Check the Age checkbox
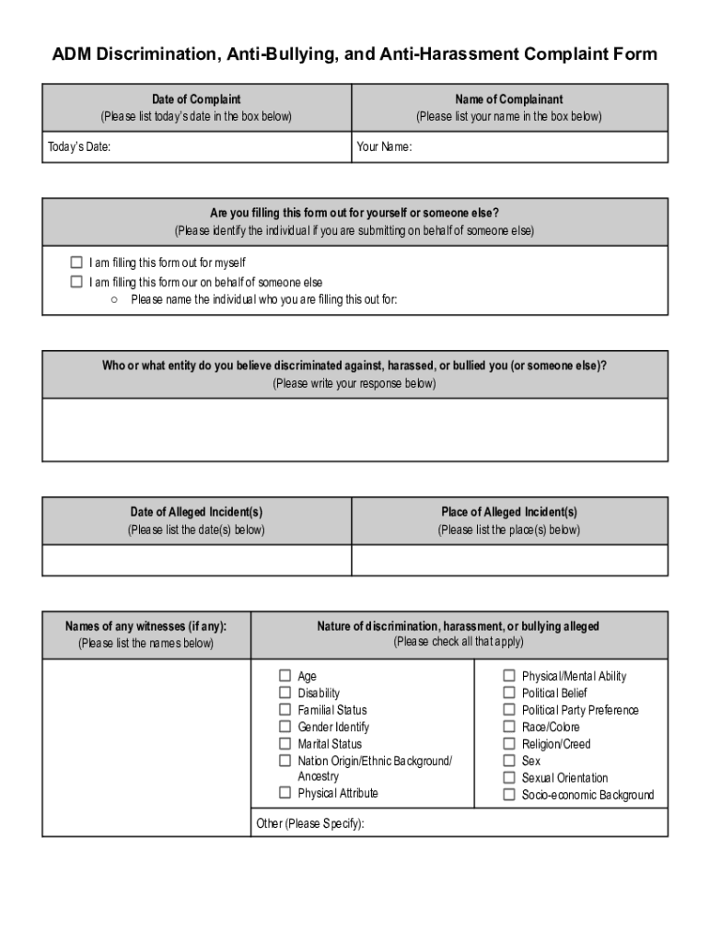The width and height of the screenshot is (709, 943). [285, 676]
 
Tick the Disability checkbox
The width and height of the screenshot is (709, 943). [285, 693]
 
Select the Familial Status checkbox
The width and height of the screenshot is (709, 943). [285, 710]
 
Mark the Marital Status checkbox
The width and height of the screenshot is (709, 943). [285, 744]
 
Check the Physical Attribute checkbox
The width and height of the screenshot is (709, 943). [285, 793]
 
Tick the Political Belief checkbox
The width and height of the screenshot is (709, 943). [509, 693]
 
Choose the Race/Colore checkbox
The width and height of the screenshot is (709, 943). [509, 727]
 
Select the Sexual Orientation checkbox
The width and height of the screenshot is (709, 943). [509, 777]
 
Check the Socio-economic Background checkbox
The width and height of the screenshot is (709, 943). [509, 795]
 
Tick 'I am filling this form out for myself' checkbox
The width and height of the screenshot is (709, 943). [76, 262]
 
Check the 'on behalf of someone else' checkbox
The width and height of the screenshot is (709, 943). [76, 282]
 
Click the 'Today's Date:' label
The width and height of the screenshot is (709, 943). [79, 147]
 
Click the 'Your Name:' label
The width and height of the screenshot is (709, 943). [384, 147]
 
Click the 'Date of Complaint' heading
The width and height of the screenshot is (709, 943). [196, 99]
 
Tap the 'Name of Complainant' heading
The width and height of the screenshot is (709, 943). [508, 99]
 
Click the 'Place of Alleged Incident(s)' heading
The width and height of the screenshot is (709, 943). [509, 512]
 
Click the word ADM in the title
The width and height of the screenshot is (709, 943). [72, 54]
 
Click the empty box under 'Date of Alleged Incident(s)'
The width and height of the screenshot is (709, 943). [196, 560]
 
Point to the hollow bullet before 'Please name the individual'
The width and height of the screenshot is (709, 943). [113, 299]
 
